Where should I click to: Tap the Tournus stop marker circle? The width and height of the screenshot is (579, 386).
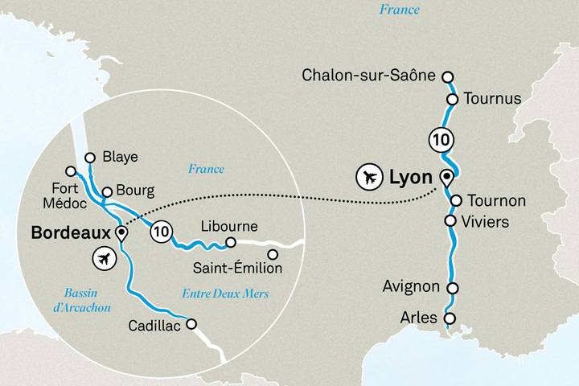coord(452,99)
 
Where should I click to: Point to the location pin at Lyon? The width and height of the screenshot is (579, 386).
coord(447,177)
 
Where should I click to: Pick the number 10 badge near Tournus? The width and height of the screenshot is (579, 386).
coord(441,138)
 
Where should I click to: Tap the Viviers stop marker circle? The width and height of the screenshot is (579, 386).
coord(451,221)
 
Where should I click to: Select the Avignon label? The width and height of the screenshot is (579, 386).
coord(411,287)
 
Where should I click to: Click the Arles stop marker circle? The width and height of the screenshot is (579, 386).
coord(451,318)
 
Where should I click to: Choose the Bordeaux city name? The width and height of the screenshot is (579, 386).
coord(68,233)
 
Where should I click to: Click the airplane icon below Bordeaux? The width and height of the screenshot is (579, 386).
coord(103,259)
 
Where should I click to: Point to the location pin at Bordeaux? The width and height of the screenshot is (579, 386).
coord(121,233)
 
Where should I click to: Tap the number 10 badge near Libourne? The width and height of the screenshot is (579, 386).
coord(162,231)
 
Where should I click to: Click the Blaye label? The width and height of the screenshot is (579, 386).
coord(121,157)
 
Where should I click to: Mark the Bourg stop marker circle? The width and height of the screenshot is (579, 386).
coord(106,192)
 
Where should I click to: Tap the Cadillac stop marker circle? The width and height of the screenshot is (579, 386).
coord(192,324)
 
